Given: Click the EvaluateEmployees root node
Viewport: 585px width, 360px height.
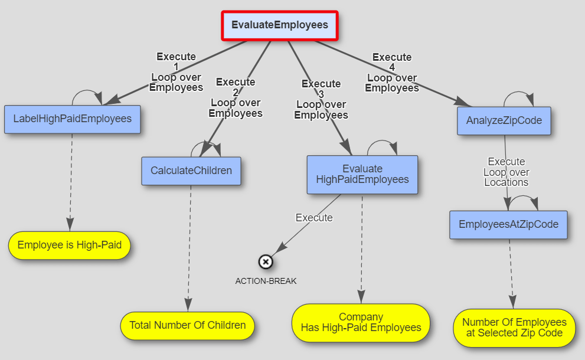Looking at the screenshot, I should click(x=279, y=25).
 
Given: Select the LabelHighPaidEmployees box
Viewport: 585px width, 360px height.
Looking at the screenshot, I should click(x=72, y=119).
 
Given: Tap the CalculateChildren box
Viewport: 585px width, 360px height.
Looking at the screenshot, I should click(x=191, y=171).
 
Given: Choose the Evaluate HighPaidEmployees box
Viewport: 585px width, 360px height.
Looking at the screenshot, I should click(x=362, y=174).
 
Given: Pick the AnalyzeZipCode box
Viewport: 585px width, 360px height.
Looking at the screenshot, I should click(x=504, y=121).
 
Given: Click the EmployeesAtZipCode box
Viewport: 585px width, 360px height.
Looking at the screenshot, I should click(x=508, y=224).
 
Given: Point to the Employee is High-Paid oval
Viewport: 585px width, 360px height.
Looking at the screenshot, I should click(x=69, y=245).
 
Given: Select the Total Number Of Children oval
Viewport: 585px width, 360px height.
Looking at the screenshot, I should click(x=187, y=325).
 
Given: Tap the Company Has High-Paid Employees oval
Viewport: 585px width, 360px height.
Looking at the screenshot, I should click(x=361, y=322).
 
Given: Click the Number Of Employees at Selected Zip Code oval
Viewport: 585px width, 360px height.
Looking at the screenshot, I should click(x=514, y=328).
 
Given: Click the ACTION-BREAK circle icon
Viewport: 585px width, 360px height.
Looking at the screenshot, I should click(x=266, y=261).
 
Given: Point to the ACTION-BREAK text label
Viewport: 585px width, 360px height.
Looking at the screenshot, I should click(x=266, y=281).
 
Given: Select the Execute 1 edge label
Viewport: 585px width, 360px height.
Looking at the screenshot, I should click(x=176, y=72).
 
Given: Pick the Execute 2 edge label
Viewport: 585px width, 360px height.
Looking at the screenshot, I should click(x=235, y=97).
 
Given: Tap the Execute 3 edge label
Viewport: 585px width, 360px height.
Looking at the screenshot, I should click(x=321, y=99).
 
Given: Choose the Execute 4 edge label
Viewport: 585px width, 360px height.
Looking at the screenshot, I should click(x=391, y=73).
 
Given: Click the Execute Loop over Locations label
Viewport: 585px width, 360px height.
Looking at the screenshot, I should click(x=506, y=172).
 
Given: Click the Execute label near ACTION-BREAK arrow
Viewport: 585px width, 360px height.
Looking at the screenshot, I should click(x=313, y=218).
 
